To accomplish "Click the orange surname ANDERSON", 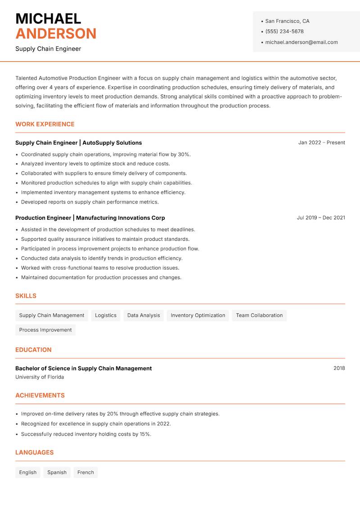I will point(56,34).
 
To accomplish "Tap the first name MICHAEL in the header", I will point(48,18).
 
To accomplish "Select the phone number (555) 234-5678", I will point(284,31).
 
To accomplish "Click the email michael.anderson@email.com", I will point(301,42).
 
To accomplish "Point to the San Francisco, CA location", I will point(287,21).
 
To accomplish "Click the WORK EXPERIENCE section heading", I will point(45,124).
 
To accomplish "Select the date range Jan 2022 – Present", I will point(321,143).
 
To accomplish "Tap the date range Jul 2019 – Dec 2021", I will point(321,218).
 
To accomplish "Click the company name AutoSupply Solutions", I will point(112,143).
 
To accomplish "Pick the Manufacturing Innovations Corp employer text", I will point(121,218).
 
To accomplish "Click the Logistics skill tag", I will point(106,316).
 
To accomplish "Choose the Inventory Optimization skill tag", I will point(198,316).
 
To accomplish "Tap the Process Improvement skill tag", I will point(45,330).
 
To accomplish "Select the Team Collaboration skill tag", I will point(259,316).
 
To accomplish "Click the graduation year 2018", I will point(339,368).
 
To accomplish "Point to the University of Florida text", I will point(40,377).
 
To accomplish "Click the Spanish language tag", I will point(57,472).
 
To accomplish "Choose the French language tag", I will point(85,472).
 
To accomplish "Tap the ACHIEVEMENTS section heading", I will point(40,396).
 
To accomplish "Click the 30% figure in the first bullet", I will point(184,154).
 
